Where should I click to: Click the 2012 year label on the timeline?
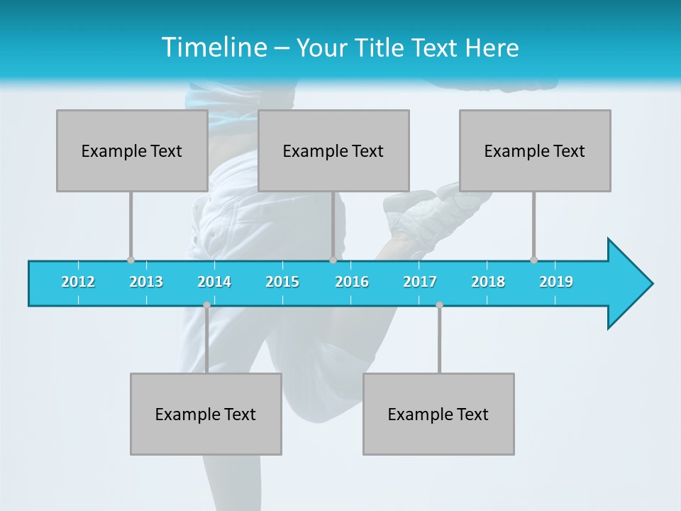point(78,282)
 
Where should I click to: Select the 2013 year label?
point(146,282)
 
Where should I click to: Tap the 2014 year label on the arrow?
point(214,282)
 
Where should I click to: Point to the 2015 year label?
point(282,282)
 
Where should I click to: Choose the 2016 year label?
point(352,282)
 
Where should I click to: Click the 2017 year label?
point(420,282)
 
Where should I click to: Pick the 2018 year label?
point(488,282)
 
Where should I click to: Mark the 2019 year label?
point(556,282)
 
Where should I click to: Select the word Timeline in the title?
point(212,48)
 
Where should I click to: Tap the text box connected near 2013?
point(132,150)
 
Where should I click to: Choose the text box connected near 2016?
point(333,150)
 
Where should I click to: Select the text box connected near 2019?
point(535,150)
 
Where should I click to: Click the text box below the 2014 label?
point(206,414)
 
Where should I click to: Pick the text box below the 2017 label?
point(438,414)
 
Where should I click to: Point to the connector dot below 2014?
point(206,304)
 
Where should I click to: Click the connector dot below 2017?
point(439,304)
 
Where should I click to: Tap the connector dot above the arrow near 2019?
point(534,260)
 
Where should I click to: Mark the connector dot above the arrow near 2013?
point(131,260)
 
